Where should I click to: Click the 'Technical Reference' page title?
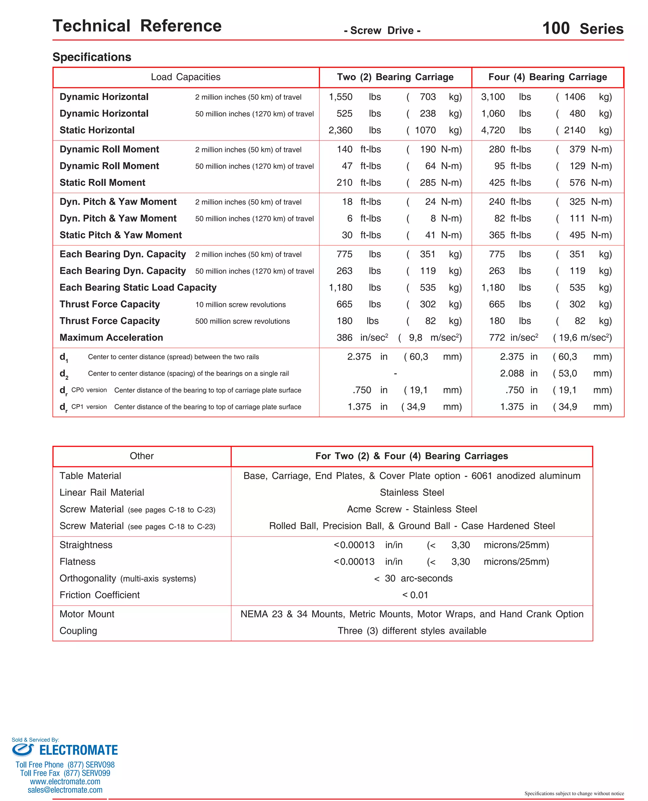[137, 26]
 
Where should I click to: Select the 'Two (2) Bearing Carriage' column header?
[395, 77]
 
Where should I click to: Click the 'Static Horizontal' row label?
[97, 130]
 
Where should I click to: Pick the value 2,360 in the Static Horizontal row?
[340, 130]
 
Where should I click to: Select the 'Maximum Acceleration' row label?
[111, 337]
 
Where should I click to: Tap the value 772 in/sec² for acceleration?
[513, 337]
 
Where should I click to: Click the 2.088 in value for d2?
[519, 373]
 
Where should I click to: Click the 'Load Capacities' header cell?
[185, 77]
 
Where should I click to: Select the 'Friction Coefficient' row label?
[100, 595]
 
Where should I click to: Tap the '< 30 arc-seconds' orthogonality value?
[413, 578]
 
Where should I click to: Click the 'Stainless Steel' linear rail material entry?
[412, 493]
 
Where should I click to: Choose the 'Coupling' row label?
[78, 631]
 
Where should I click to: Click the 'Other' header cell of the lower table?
[141, 456]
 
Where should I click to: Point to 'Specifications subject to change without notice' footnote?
[574, 793]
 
